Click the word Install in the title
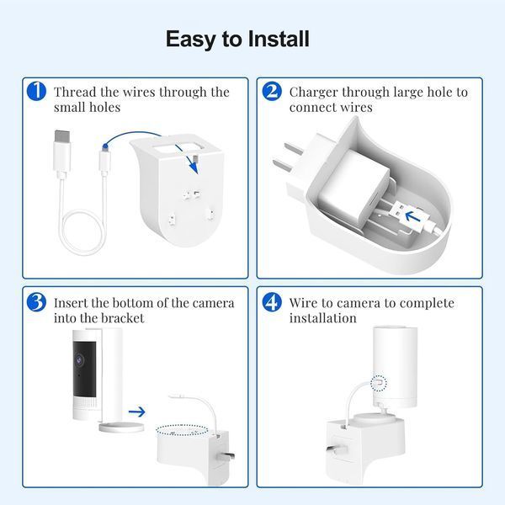(279, 39)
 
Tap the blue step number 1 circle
(36, 91)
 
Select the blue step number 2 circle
(272, 91)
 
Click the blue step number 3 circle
(36, 302)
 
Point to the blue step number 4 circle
(272, 302)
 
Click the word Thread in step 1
(75, 92)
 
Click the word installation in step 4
(322, 318)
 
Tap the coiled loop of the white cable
(83, 232)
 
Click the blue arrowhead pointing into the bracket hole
(194, 167)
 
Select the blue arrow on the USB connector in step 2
(412, 216)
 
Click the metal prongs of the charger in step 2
(288, 158)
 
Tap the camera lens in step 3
(79, 359)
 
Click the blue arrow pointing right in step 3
(137, 412)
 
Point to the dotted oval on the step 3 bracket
(182, 429)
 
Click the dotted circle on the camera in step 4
(379, 383)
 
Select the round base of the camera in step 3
(121, 427)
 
